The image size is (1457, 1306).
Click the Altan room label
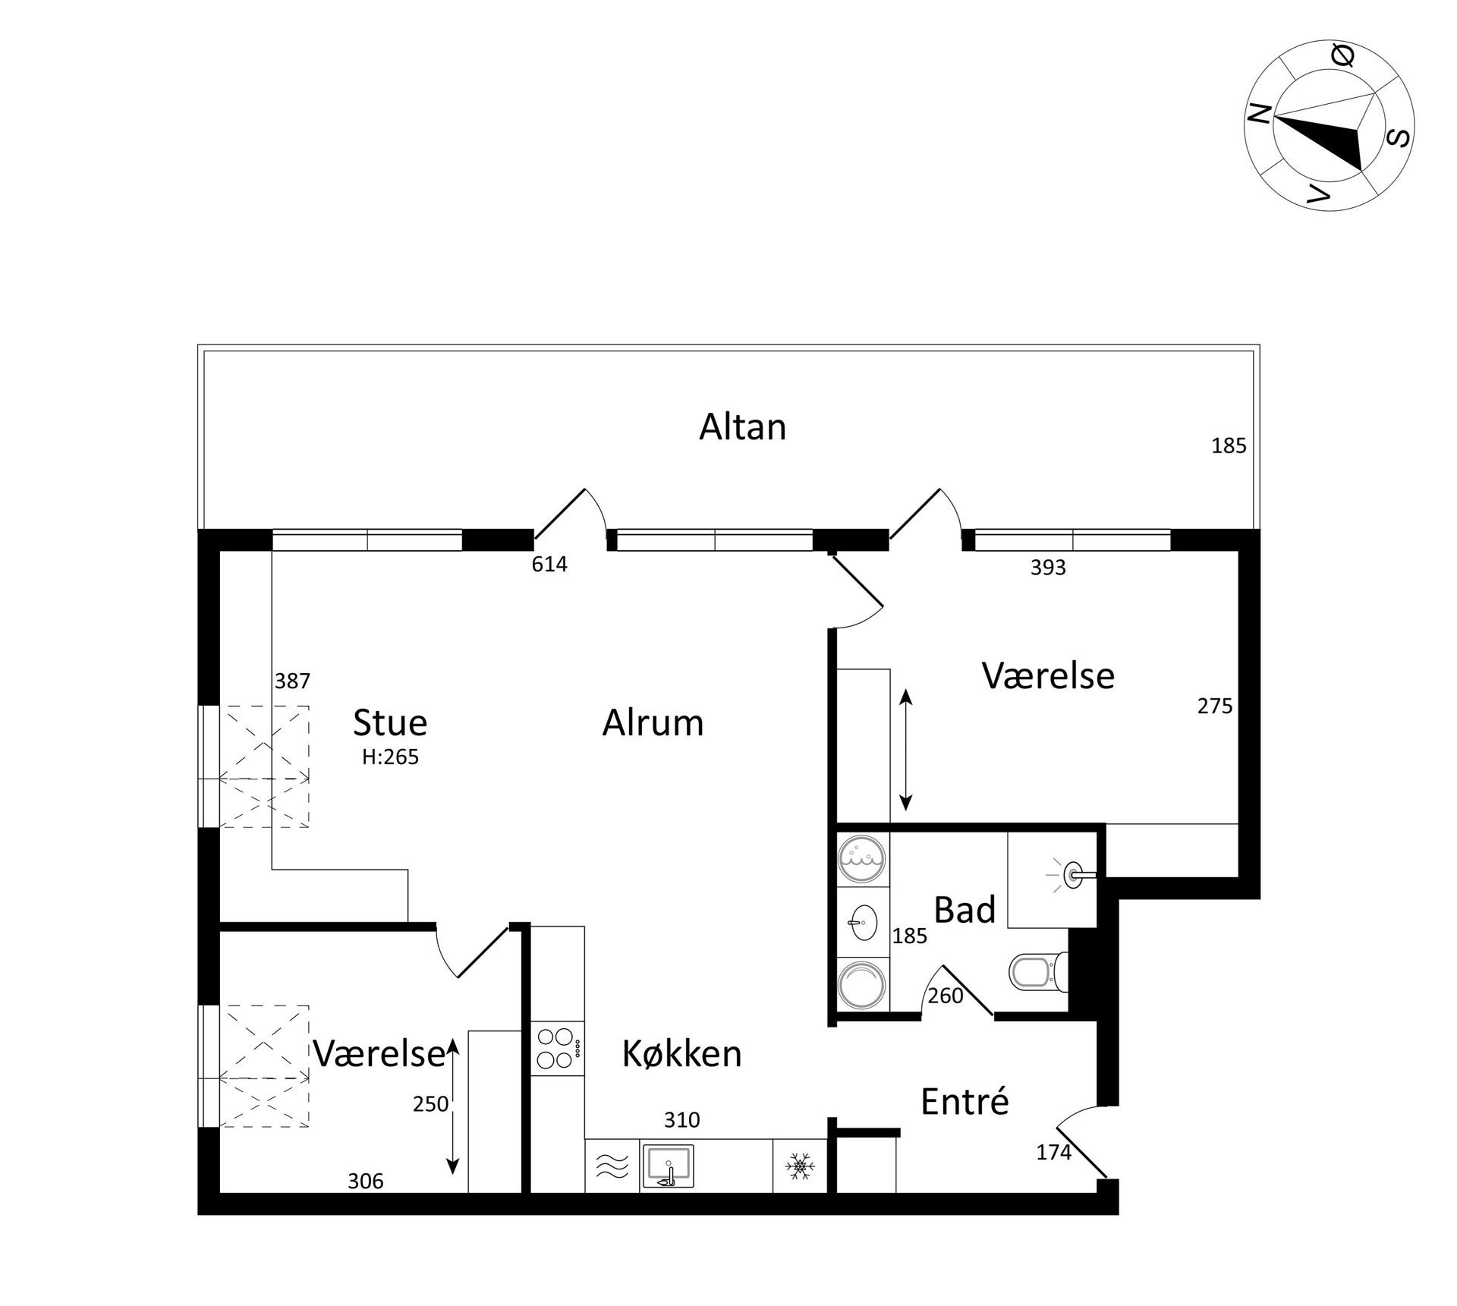pos(742,427)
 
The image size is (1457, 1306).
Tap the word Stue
pos(390,723)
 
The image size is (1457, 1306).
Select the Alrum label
pos(653,723)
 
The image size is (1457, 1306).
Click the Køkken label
pos(681,1054)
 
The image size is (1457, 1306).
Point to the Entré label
pos(965,1101)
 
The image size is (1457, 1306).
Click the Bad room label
pos(965,910)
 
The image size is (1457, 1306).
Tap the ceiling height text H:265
pos(390,757)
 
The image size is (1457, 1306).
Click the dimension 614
pos(549,565)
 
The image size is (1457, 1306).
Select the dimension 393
pos(1048,568)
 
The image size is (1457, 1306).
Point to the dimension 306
pos(366,1181)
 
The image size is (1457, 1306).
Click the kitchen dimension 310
pos(681,1120)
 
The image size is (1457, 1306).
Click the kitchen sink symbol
pos(668,1166)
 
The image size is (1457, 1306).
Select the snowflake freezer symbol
pos(799,1166)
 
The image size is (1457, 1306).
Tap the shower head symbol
pos(1076,874)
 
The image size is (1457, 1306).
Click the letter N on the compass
pos(1260,115)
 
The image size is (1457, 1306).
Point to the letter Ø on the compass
pos(1343,55)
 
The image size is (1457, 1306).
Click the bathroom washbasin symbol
pos(862,923)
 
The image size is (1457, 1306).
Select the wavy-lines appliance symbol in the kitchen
pos(612,1166)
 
